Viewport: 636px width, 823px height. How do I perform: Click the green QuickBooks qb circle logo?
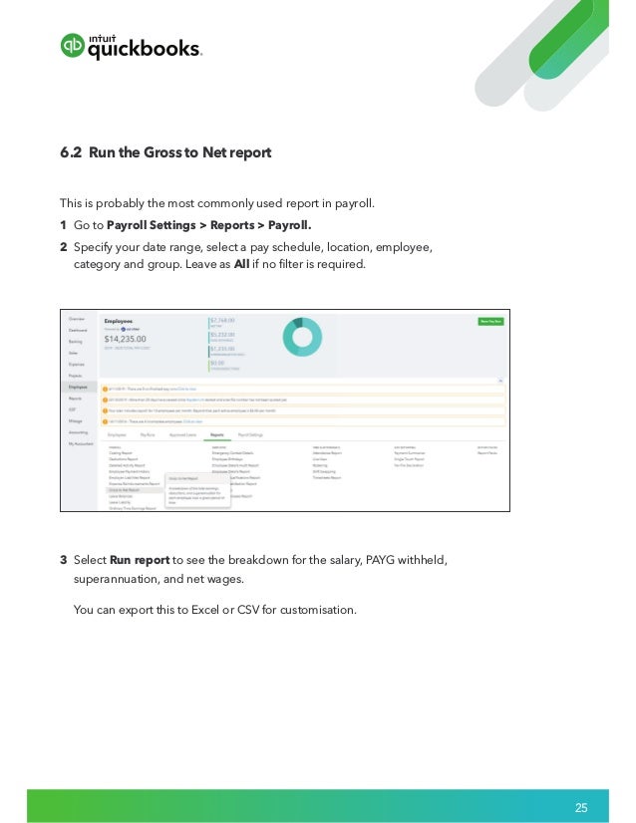coord(73,46)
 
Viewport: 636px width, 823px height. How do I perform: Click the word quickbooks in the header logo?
coord(145,50)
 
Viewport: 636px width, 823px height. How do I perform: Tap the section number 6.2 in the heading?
coord(71,153)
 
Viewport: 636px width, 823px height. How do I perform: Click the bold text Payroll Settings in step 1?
coord(152,225)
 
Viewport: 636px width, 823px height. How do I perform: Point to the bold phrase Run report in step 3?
coord(140,559)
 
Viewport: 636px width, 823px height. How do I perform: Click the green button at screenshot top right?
coord(490,321)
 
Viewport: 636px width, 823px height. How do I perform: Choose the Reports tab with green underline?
coord(215,435)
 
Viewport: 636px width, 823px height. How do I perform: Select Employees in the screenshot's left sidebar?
coord(78,387)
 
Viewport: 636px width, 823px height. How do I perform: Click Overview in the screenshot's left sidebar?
coord(77,319)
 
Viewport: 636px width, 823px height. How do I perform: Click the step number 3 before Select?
coord(64,559)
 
